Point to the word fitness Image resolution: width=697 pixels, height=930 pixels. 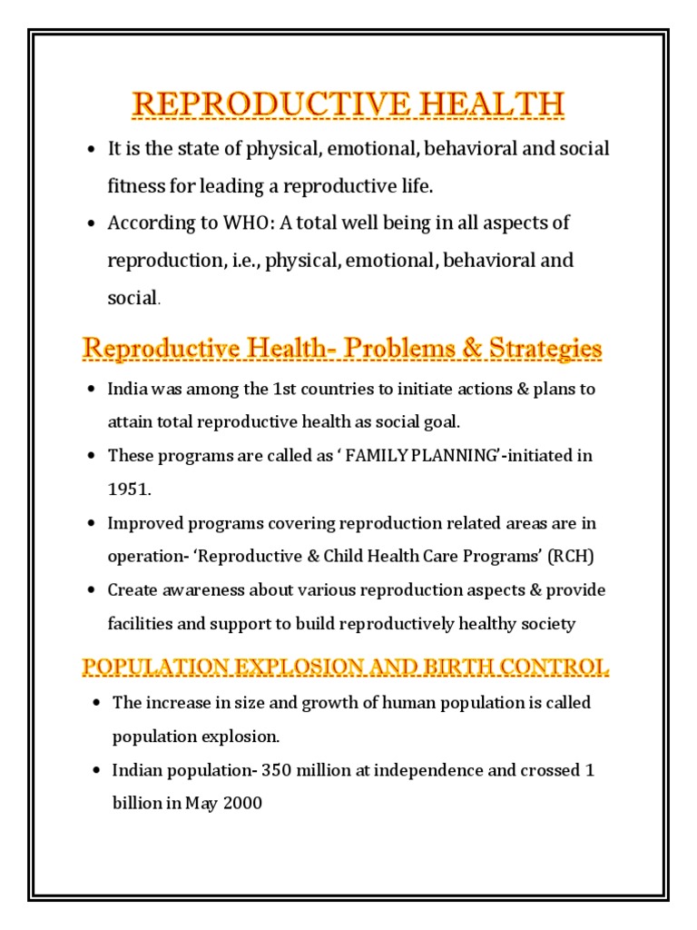coord(136,186)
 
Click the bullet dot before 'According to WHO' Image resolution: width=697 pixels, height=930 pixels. coord(91,223)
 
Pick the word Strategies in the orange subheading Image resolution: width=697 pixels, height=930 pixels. coord(545,348)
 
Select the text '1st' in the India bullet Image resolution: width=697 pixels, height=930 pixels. coord(287,389)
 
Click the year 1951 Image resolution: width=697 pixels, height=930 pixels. coord(126,489)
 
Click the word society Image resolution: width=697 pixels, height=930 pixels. coord(549,623)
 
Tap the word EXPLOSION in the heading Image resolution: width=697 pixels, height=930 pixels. coord(274,668)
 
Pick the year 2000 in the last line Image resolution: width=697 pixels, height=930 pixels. coord(244,803)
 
